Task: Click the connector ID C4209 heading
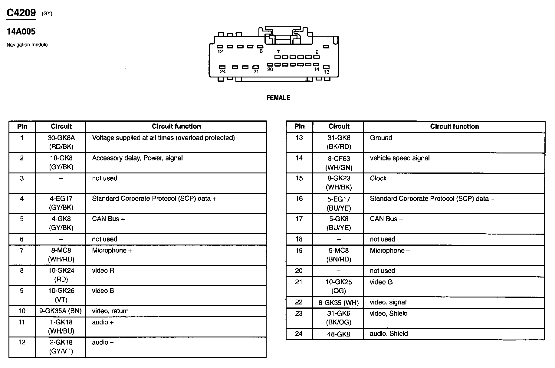coord(21,13)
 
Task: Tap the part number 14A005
coord(21,31)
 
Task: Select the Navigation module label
coord(27,45)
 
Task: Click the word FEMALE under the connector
coord(278,98)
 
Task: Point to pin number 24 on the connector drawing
coord(223,72)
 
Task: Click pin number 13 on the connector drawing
coord(326,72)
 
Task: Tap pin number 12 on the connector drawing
coord(220,52)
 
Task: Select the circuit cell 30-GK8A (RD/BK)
coord(61,142)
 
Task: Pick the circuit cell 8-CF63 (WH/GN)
coord(339,163)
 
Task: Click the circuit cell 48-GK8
coord(339,334)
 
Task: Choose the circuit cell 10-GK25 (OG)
coord(339,286)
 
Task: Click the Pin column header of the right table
coord(299,126)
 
